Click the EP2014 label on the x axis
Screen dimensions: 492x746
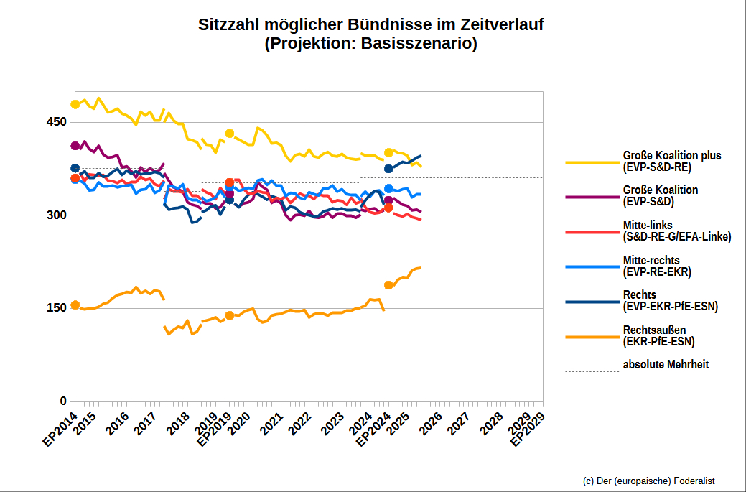tap(60, 429)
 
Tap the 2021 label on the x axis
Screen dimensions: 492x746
tap(271, 423)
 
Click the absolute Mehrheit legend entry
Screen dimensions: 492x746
tap(666, 364)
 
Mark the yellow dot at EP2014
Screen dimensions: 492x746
tap(75, 104)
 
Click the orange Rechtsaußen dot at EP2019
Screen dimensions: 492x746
tap(230, 315)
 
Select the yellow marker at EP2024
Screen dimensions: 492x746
tap(388, 152)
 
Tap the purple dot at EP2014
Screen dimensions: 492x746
tap(75, 146)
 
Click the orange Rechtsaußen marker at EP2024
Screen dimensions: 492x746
tap(388, 285)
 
